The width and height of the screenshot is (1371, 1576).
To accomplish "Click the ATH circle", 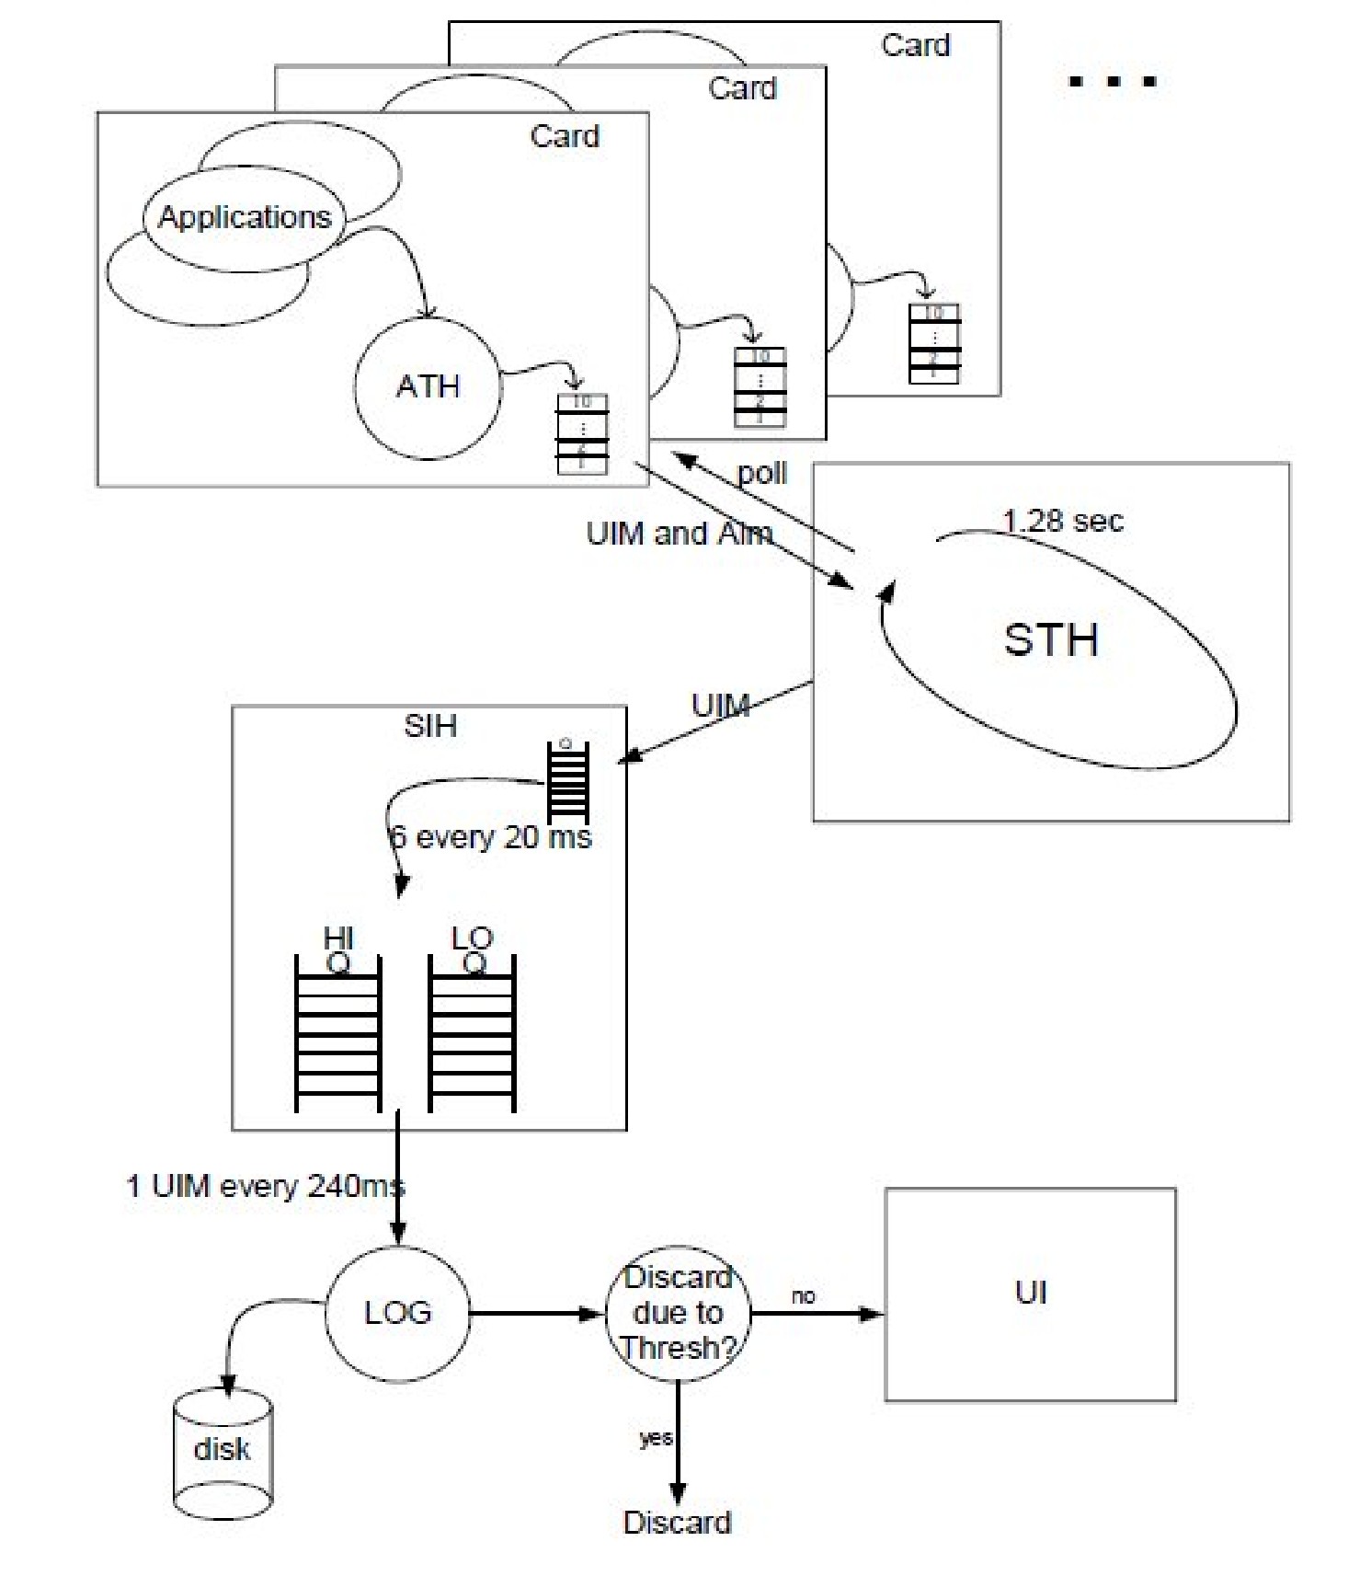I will [x=428, y=386].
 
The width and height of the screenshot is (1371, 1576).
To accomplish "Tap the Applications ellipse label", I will [x=245, y=218].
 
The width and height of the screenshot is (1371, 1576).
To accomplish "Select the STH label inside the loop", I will [x=1050, y=639].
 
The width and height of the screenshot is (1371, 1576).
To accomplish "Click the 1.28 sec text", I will [x=1062, y=522].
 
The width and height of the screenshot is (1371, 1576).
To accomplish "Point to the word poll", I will [x=762, y=473].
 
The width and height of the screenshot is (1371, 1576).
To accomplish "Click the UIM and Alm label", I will [x=679, y=534].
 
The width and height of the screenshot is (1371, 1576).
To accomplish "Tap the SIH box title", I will [x=430, y=726].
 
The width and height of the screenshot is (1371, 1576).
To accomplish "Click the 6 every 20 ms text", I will [x=491, y=837].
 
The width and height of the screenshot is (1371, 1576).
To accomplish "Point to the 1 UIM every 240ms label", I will [x=265, y=1186].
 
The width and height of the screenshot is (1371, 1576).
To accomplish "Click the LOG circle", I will [x=397, y=1313].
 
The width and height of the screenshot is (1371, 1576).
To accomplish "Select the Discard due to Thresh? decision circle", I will [x=678, y=1313].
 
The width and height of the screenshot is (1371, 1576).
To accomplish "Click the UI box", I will [x=1030, y=1294].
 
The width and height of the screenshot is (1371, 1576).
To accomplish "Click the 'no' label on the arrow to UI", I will [x=803, y=1296].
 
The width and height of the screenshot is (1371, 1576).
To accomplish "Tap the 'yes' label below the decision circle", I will [x=656, y=1438].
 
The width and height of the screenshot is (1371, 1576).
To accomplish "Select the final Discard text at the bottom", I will [x=677, y=1523].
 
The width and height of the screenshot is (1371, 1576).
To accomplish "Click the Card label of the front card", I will [x=565, y=136].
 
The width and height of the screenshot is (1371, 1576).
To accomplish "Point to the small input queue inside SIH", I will [x=567, y=782].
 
